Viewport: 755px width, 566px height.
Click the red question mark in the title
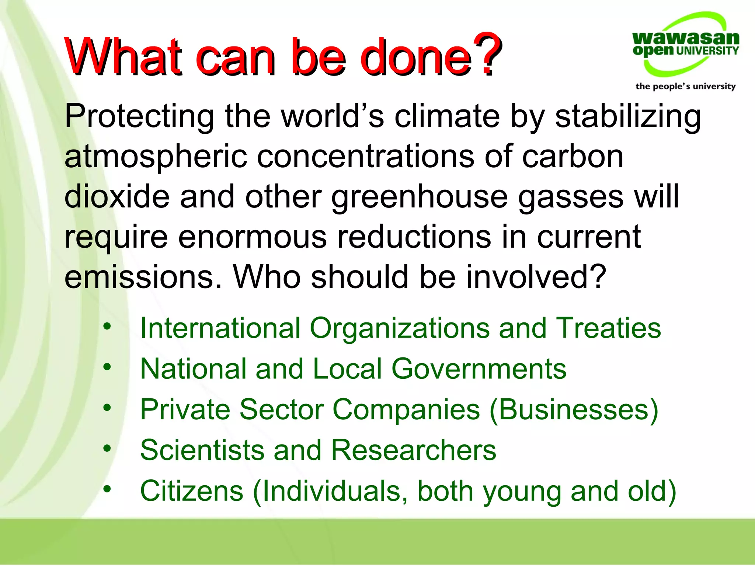click(487, 55)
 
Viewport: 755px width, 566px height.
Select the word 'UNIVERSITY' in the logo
click(707, 50)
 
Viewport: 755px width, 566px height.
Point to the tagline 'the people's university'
click(685, 86)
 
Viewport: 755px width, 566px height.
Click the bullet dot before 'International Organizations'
click(107, 326)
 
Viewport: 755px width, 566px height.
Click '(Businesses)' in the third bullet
click(574, 410)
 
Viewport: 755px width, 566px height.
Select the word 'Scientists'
click(202, 450)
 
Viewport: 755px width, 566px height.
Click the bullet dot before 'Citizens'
click(107, 489)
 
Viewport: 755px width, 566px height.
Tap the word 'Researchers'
click(414, 450)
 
